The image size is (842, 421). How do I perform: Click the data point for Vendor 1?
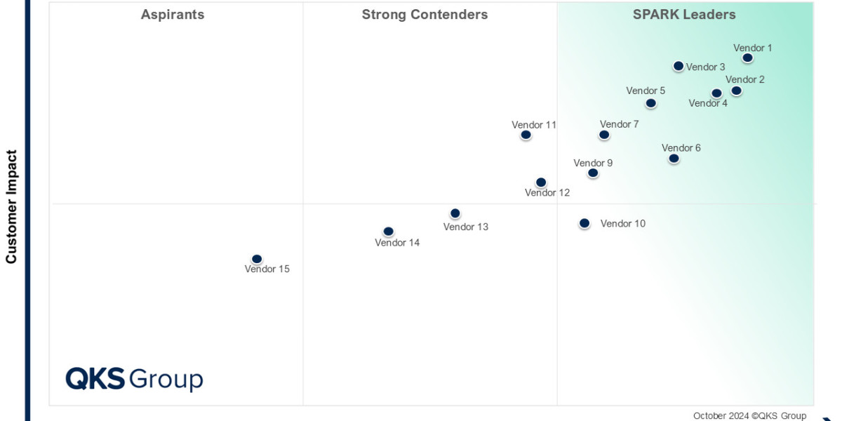coord(748,58)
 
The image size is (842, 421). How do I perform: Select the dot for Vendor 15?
coord(257,259)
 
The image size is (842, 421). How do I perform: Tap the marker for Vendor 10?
coord(584,223)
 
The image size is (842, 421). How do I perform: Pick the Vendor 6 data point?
coord(674,159)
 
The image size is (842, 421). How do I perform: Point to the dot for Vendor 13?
coord(455,213)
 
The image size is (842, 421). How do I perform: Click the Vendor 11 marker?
coord(526,135)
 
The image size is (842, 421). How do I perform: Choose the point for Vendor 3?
coord(679,66)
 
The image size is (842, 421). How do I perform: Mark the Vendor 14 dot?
coord(388,232)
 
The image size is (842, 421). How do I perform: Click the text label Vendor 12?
coord(547,193)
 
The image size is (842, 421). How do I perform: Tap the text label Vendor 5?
coord(646,91)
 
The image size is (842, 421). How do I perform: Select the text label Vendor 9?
coord(593,163)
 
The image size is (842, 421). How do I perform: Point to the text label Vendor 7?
coord(620,125)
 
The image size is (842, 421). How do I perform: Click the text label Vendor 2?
coord(745,79)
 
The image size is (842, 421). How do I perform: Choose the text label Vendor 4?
coord(708,103)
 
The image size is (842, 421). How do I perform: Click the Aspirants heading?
coord(173,14)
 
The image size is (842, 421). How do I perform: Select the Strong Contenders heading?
coord(425,14)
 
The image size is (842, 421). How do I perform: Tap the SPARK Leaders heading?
coord(684,14)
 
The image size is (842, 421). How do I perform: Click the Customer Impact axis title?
coord(11,207)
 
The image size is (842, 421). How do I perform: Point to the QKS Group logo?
coord(134,379)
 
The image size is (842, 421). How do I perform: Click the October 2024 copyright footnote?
coord(749,415)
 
